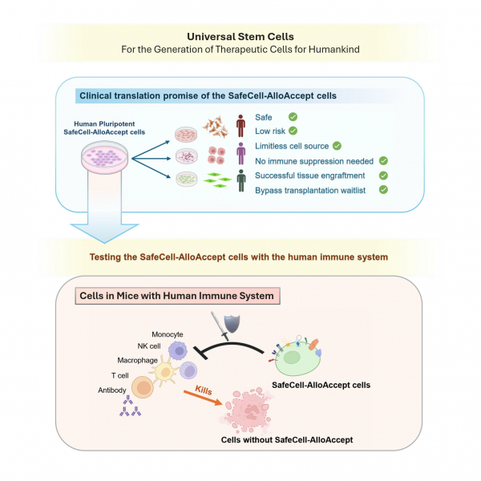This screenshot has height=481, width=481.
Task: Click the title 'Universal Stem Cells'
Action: [x=240, y=36]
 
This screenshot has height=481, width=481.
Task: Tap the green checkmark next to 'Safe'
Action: [x=293, y=116]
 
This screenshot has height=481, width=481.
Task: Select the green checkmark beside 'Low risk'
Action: [x=293, y=131]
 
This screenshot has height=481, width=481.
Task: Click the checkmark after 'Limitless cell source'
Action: [x=337, y=145]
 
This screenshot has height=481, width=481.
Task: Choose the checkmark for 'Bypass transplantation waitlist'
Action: [x=383, y=189]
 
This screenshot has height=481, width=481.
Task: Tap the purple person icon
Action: [x=240, y=152]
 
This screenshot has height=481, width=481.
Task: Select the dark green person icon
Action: [x=240, y=180]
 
